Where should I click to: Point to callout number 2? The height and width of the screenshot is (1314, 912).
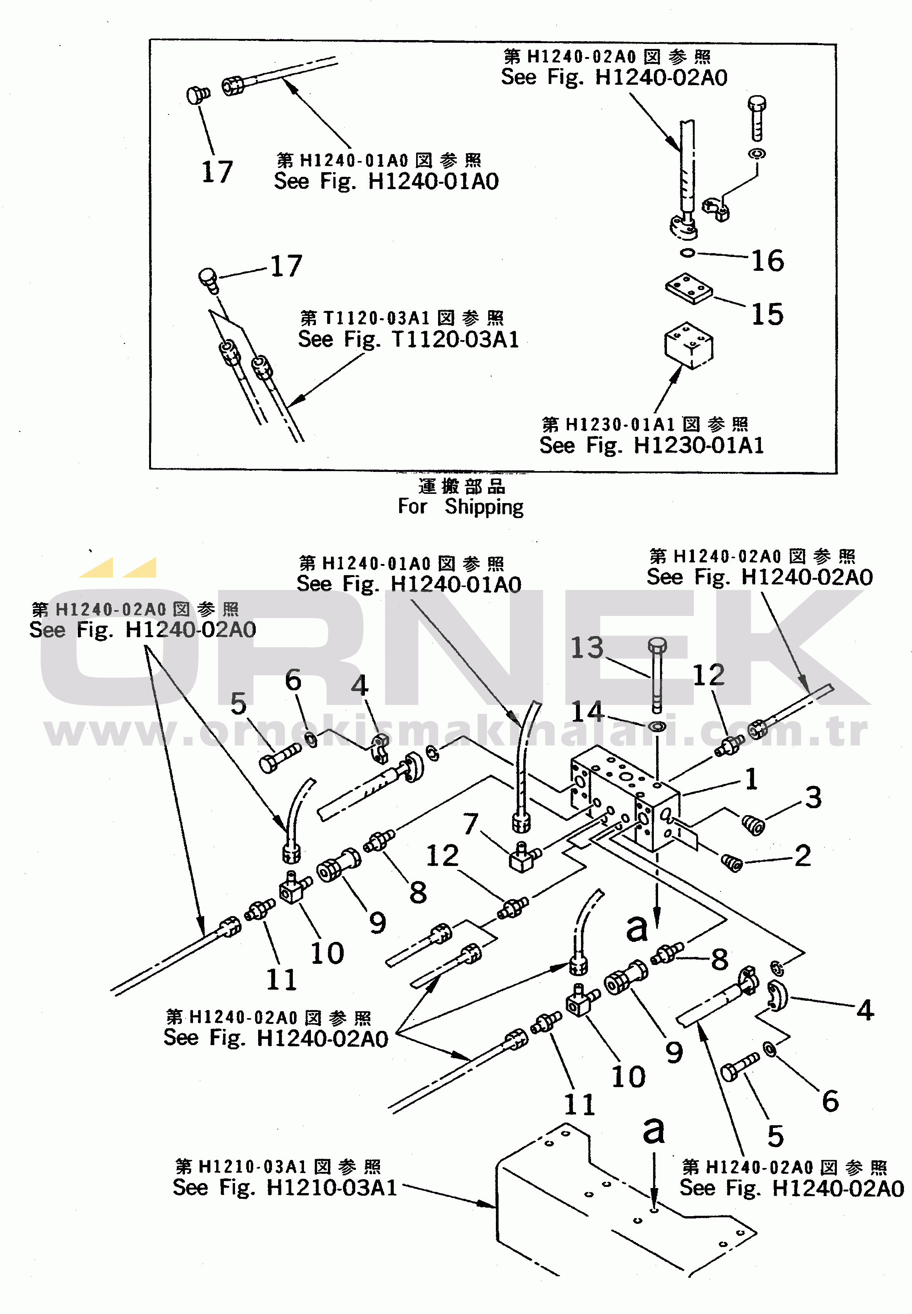[x=802, y=856]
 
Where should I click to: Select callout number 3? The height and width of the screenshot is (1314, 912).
[x=813, y=797]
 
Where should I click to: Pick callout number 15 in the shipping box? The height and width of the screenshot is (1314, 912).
[x=767, y=315]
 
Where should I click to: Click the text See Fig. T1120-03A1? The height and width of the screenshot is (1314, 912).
[x=408, y=339]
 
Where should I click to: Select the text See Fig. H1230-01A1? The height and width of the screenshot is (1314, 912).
[x=652, y=446]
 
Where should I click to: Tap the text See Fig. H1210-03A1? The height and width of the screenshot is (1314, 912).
[x=285, y=1188]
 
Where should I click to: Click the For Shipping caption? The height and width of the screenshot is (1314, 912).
[x=460, y=507]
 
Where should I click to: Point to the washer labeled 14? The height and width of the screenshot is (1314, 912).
[x=658, y=727]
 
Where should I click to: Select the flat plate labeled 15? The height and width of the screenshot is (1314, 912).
[x=689, y=289]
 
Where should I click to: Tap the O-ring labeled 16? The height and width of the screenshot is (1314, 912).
[x=687, y=253]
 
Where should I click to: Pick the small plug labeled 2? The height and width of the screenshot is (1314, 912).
[x=731, y=863]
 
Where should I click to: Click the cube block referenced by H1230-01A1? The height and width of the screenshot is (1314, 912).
[x=689, y=346]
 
